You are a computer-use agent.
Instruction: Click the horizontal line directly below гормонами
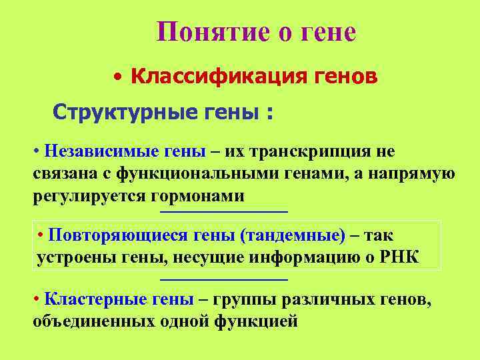coord(224,212)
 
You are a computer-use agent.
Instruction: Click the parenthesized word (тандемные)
coord(293,235)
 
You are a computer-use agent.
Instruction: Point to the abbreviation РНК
coord(400,258)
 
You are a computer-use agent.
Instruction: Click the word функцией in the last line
coord(256,322)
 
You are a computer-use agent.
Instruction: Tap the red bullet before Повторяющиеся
coord(41,235)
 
